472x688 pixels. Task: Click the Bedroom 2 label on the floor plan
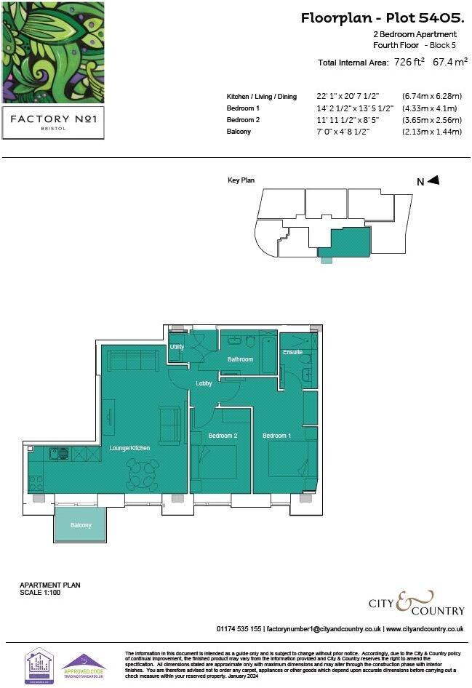pos(223,436)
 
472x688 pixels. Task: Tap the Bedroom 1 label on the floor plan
pos(277,436)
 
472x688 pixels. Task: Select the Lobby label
pos(204,383)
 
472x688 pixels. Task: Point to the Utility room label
pos(177,347)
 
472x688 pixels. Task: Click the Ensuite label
pos(293,352)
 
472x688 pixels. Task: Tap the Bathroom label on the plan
pos(240,359)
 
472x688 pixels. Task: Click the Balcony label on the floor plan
pos(81,525)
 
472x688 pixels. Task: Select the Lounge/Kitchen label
pos(129,448)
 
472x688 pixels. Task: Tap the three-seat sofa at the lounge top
pos(133,359)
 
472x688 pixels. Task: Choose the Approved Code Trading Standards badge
pos(84,665)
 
